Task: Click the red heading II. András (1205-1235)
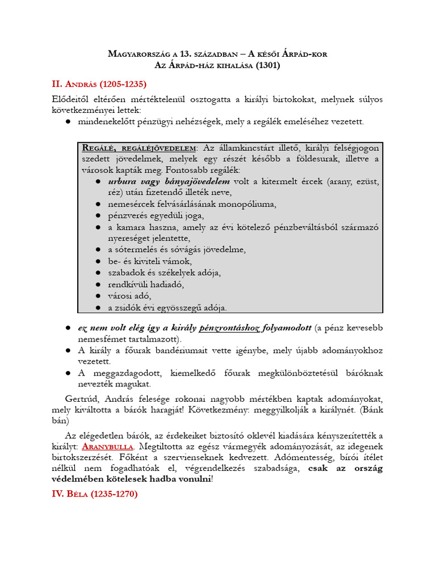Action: pos(99,85)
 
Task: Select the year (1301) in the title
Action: pos(268,65)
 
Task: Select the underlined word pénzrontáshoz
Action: pos(235,328)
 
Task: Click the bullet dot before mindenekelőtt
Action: pos(68,121)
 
